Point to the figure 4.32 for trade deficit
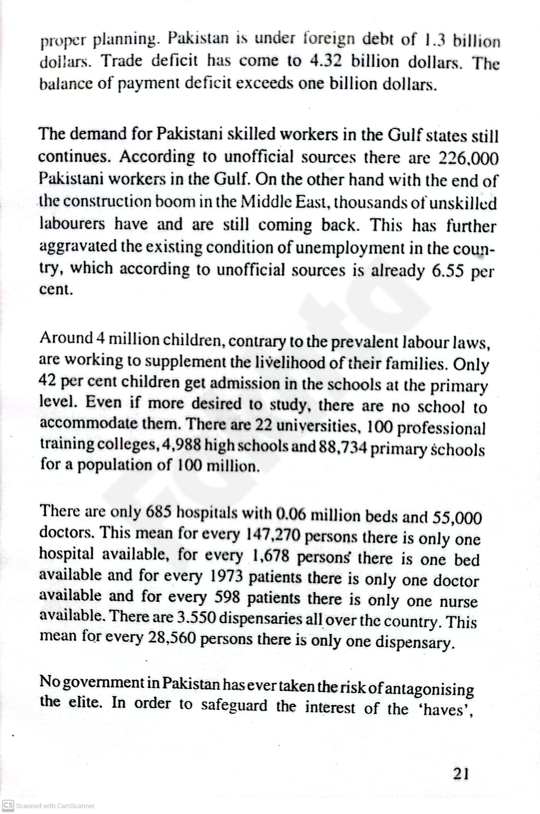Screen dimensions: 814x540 pyautogui.click(x=326, y=61)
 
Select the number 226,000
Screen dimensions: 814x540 pyautogui.click(x=469, y=158)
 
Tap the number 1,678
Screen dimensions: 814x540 pyautogui.click(x=270, y=556)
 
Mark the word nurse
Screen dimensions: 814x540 pyautogui.click(x=458, y=602)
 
